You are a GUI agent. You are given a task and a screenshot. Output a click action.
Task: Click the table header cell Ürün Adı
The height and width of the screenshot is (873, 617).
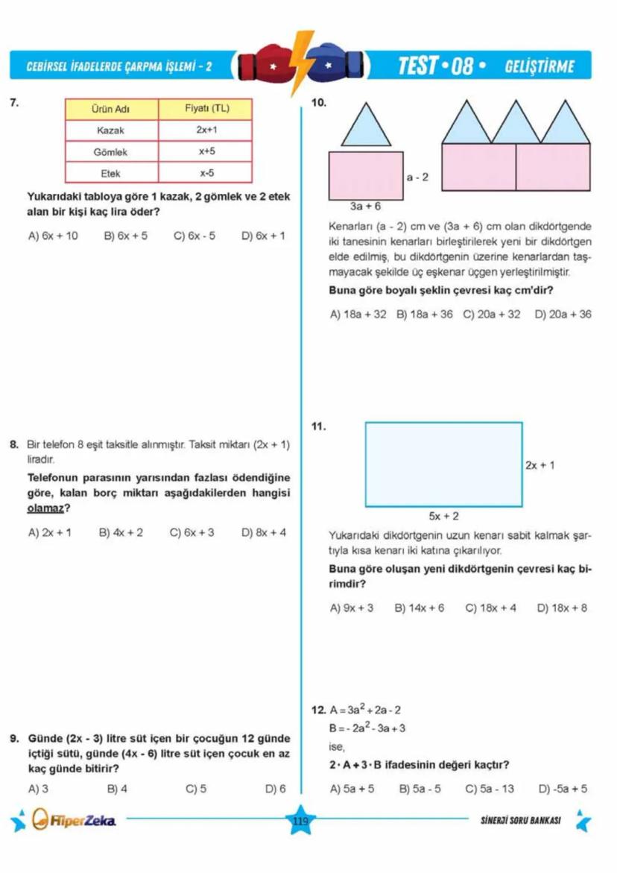coord(111,109)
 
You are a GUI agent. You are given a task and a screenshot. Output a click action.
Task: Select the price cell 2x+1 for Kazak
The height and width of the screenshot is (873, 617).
coord(206,130)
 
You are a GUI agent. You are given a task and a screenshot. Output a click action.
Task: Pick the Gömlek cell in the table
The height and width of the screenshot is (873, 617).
coord(111,151)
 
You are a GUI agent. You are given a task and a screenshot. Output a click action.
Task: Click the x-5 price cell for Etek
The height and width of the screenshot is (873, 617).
coord(206,172)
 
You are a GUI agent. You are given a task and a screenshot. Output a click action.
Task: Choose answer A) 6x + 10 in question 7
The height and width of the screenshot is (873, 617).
coord(52,236)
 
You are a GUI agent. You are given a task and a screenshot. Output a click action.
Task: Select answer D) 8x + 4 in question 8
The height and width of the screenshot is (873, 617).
coord(264,532)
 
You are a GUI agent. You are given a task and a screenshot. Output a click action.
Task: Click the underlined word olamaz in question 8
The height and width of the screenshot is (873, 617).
coord(45,508)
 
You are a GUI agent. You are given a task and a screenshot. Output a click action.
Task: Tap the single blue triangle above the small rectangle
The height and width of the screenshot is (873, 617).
coord(366,123)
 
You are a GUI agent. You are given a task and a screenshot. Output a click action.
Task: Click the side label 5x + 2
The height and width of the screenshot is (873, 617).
coord(443,515)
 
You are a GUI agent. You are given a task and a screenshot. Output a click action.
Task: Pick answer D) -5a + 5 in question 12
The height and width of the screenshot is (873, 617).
coord(563,788)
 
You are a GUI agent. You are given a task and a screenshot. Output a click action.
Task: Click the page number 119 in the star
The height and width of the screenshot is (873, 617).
coord(301,821)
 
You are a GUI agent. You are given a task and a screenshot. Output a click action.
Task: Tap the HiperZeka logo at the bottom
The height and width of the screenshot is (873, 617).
coord(75,822)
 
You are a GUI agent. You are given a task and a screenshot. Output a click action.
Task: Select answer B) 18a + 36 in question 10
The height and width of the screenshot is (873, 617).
coord(425,315)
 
